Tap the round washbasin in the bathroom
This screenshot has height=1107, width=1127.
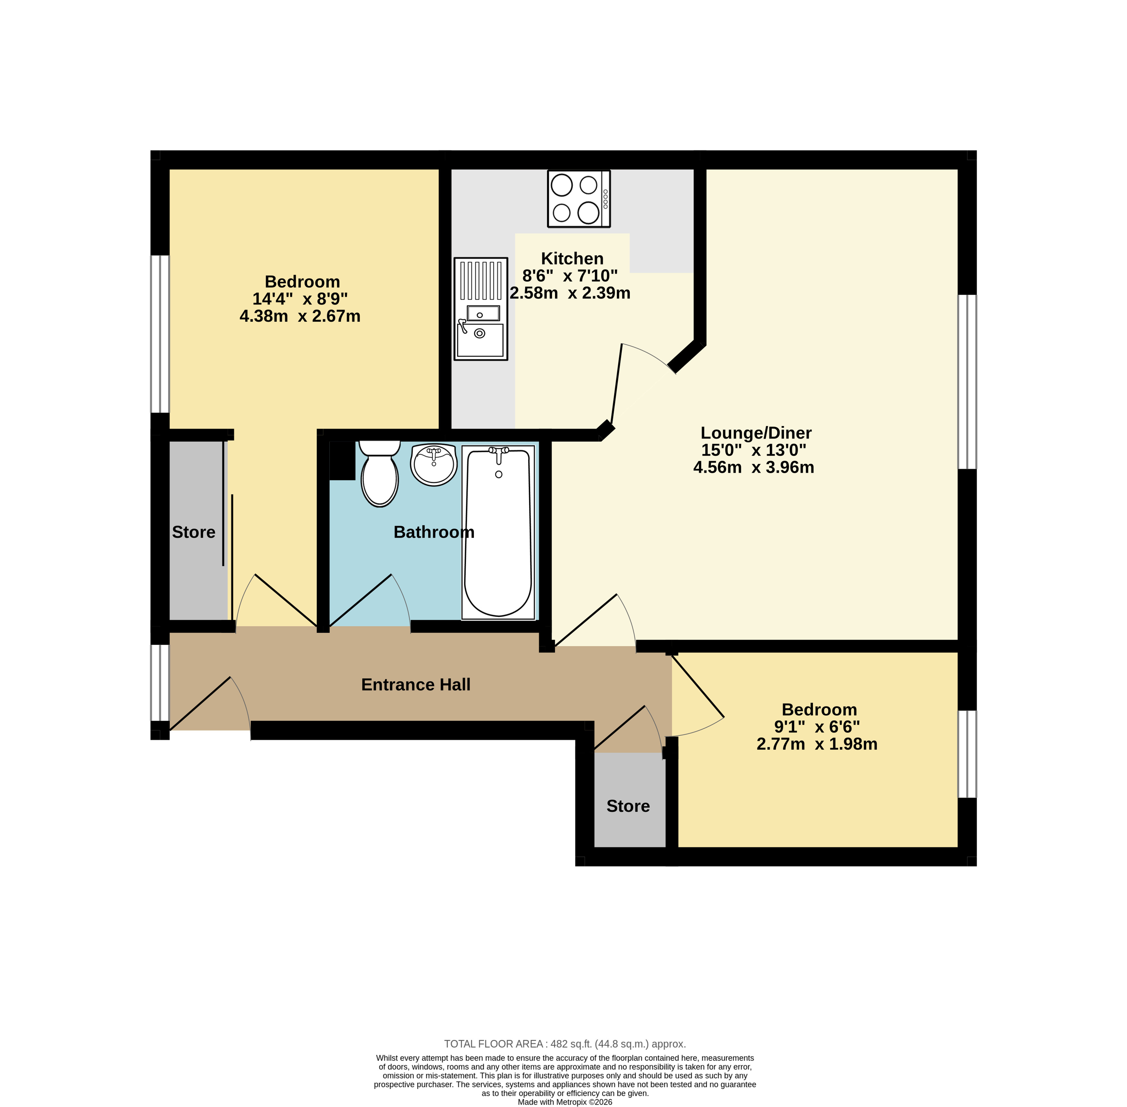pyautogui.click(x=434, y=464)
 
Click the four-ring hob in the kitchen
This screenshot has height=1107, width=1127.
pyautogui.click(x=579, y=198)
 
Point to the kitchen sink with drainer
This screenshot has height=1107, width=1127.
pyautogui.click(x=480, y=309)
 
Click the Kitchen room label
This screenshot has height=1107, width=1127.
pyautogui.click(x=572, y=258)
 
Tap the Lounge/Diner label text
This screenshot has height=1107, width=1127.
pyautogui.click(x=756, y=432)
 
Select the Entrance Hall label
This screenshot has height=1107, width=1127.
pyautogui.click(x=416, y=684)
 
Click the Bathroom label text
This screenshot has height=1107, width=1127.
pyautogui.click(x=434, y=532)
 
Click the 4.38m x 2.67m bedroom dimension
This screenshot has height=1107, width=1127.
pyautogui.click(x=300, y=316)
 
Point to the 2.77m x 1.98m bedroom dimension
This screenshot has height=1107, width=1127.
pyautogui.click(x=817, y=744)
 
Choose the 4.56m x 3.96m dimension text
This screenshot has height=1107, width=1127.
pyautogui.click(x=754, y=467)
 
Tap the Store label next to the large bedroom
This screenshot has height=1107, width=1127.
pyautogui.click(x=194, y=532)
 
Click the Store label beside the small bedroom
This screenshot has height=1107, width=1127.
pyautogui.click(x=628, y=806)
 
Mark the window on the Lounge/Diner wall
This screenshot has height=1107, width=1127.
pyautogui.click(x=967, y=381)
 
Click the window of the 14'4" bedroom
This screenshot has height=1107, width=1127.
pyautogui.click(x=160, y=334)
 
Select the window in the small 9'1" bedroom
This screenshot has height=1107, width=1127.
pyautogui.click(x=967, y=754)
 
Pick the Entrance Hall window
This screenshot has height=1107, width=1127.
pyautogui.click(x=160, y=683)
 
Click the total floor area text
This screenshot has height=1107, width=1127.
pyautogui.click(x=565, y=1044)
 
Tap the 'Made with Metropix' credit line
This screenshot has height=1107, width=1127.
pyautogui.click(x=565, y=1102)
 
